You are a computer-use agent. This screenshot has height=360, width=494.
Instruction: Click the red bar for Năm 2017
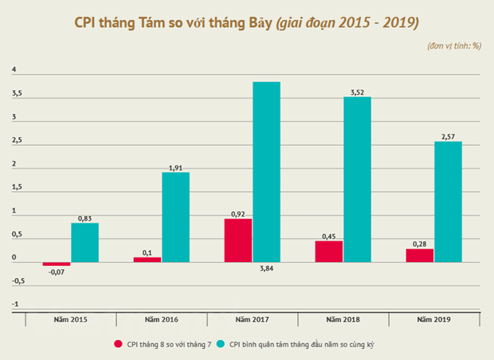pos(238,241)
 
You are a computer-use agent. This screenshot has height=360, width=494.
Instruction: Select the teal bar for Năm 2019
pos(448,202)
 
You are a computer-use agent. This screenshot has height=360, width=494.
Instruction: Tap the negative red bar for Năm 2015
pos(57,264)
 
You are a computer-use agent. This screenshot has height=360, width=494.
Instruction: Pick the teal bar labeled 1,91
pos(175,217)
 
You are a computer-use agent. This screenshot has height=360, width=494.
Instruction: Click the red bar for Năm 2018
pos(329,252)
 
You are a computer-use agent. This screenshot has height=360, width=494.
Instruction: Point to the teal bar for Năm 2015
pos(84,242)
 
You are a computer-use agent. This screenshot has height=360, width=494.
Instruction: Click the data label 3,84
pos(267,268)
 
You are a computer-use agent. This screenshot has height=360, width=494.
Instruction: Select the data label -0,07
pos(57,272)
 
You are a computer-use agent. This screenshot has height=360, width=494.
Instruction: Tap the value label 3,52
pos(357,92)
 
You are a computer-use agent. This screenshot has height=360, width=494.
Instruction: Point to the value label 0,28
pos(420,244)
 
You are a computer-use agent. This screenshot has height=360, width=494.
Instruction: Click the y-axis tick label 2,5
pos(17,140)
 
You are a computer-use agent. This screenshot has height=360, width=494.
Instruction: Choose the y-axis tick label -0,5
pos(18,281)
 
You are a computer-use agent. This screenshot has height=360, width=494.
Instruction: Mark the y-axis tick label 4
pos(14,69)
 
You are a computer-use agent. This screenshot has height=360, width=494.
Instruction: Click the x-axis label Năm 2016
pos(161,319)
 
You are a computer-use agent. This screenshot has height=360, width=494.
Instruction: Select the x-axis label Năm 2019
pos(433,319)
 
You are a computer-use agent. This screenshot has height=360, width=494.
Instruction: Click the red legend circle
pos(118,344)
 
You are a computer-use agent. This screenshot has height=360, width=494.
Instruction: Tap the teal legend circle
pos(221,344)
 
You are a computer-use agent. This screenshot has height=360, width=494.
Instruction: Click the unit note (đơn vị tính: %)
pos(454,46)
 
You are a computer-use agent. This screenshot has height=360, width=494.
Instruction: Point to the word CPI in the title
pos(84,22)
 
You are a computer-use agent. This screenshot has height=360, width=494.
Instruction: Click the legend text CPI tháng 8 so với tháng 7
pos(169,344)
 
